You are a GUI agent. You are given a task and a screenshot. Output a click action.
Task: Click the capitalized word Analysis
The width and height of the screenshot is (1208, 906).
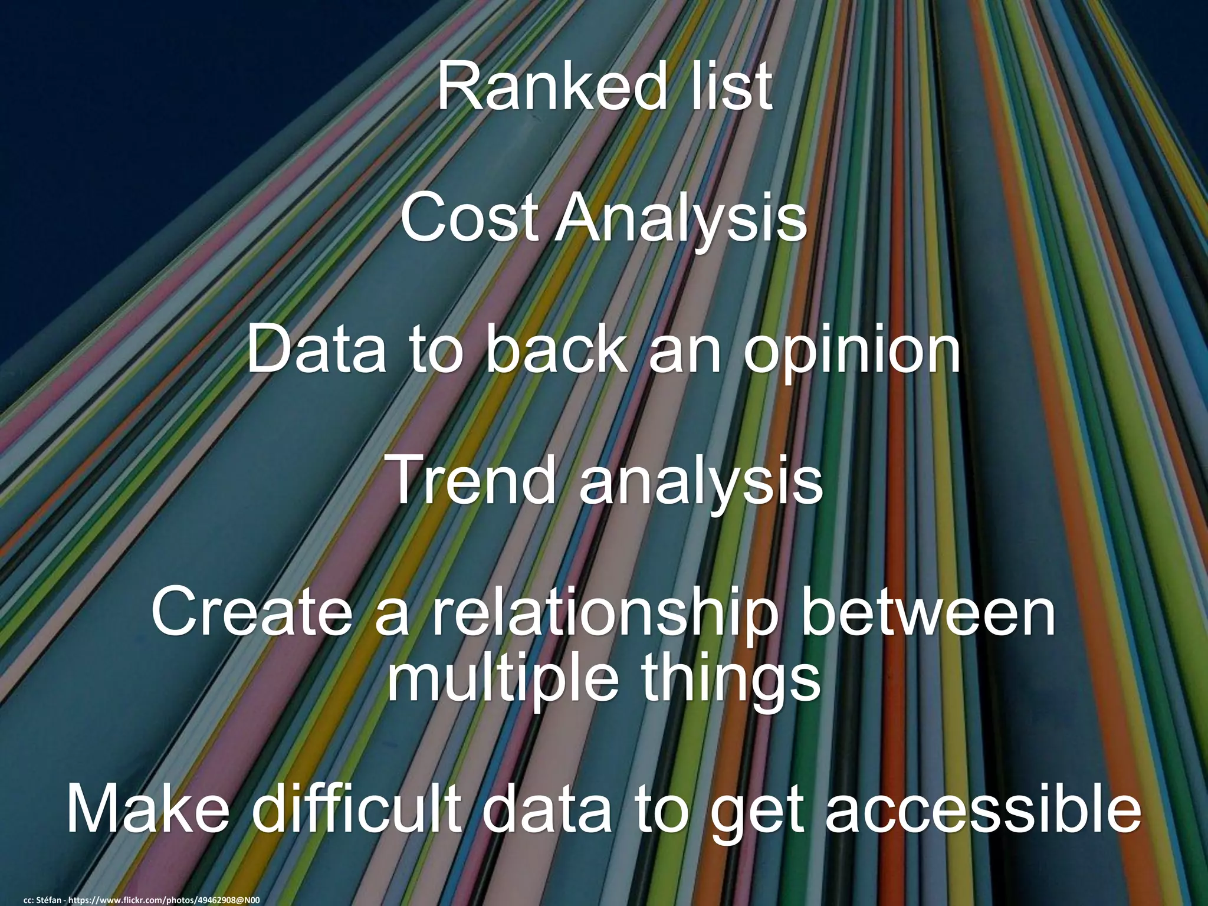coord(680,219)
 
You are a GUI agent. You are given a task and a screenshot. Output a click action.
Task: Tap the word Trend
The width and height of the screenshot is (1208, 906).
coord(472,481)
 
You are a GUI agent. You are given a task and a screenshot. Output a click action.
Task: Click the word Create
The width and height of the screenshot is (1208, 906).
coord(252,613)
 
